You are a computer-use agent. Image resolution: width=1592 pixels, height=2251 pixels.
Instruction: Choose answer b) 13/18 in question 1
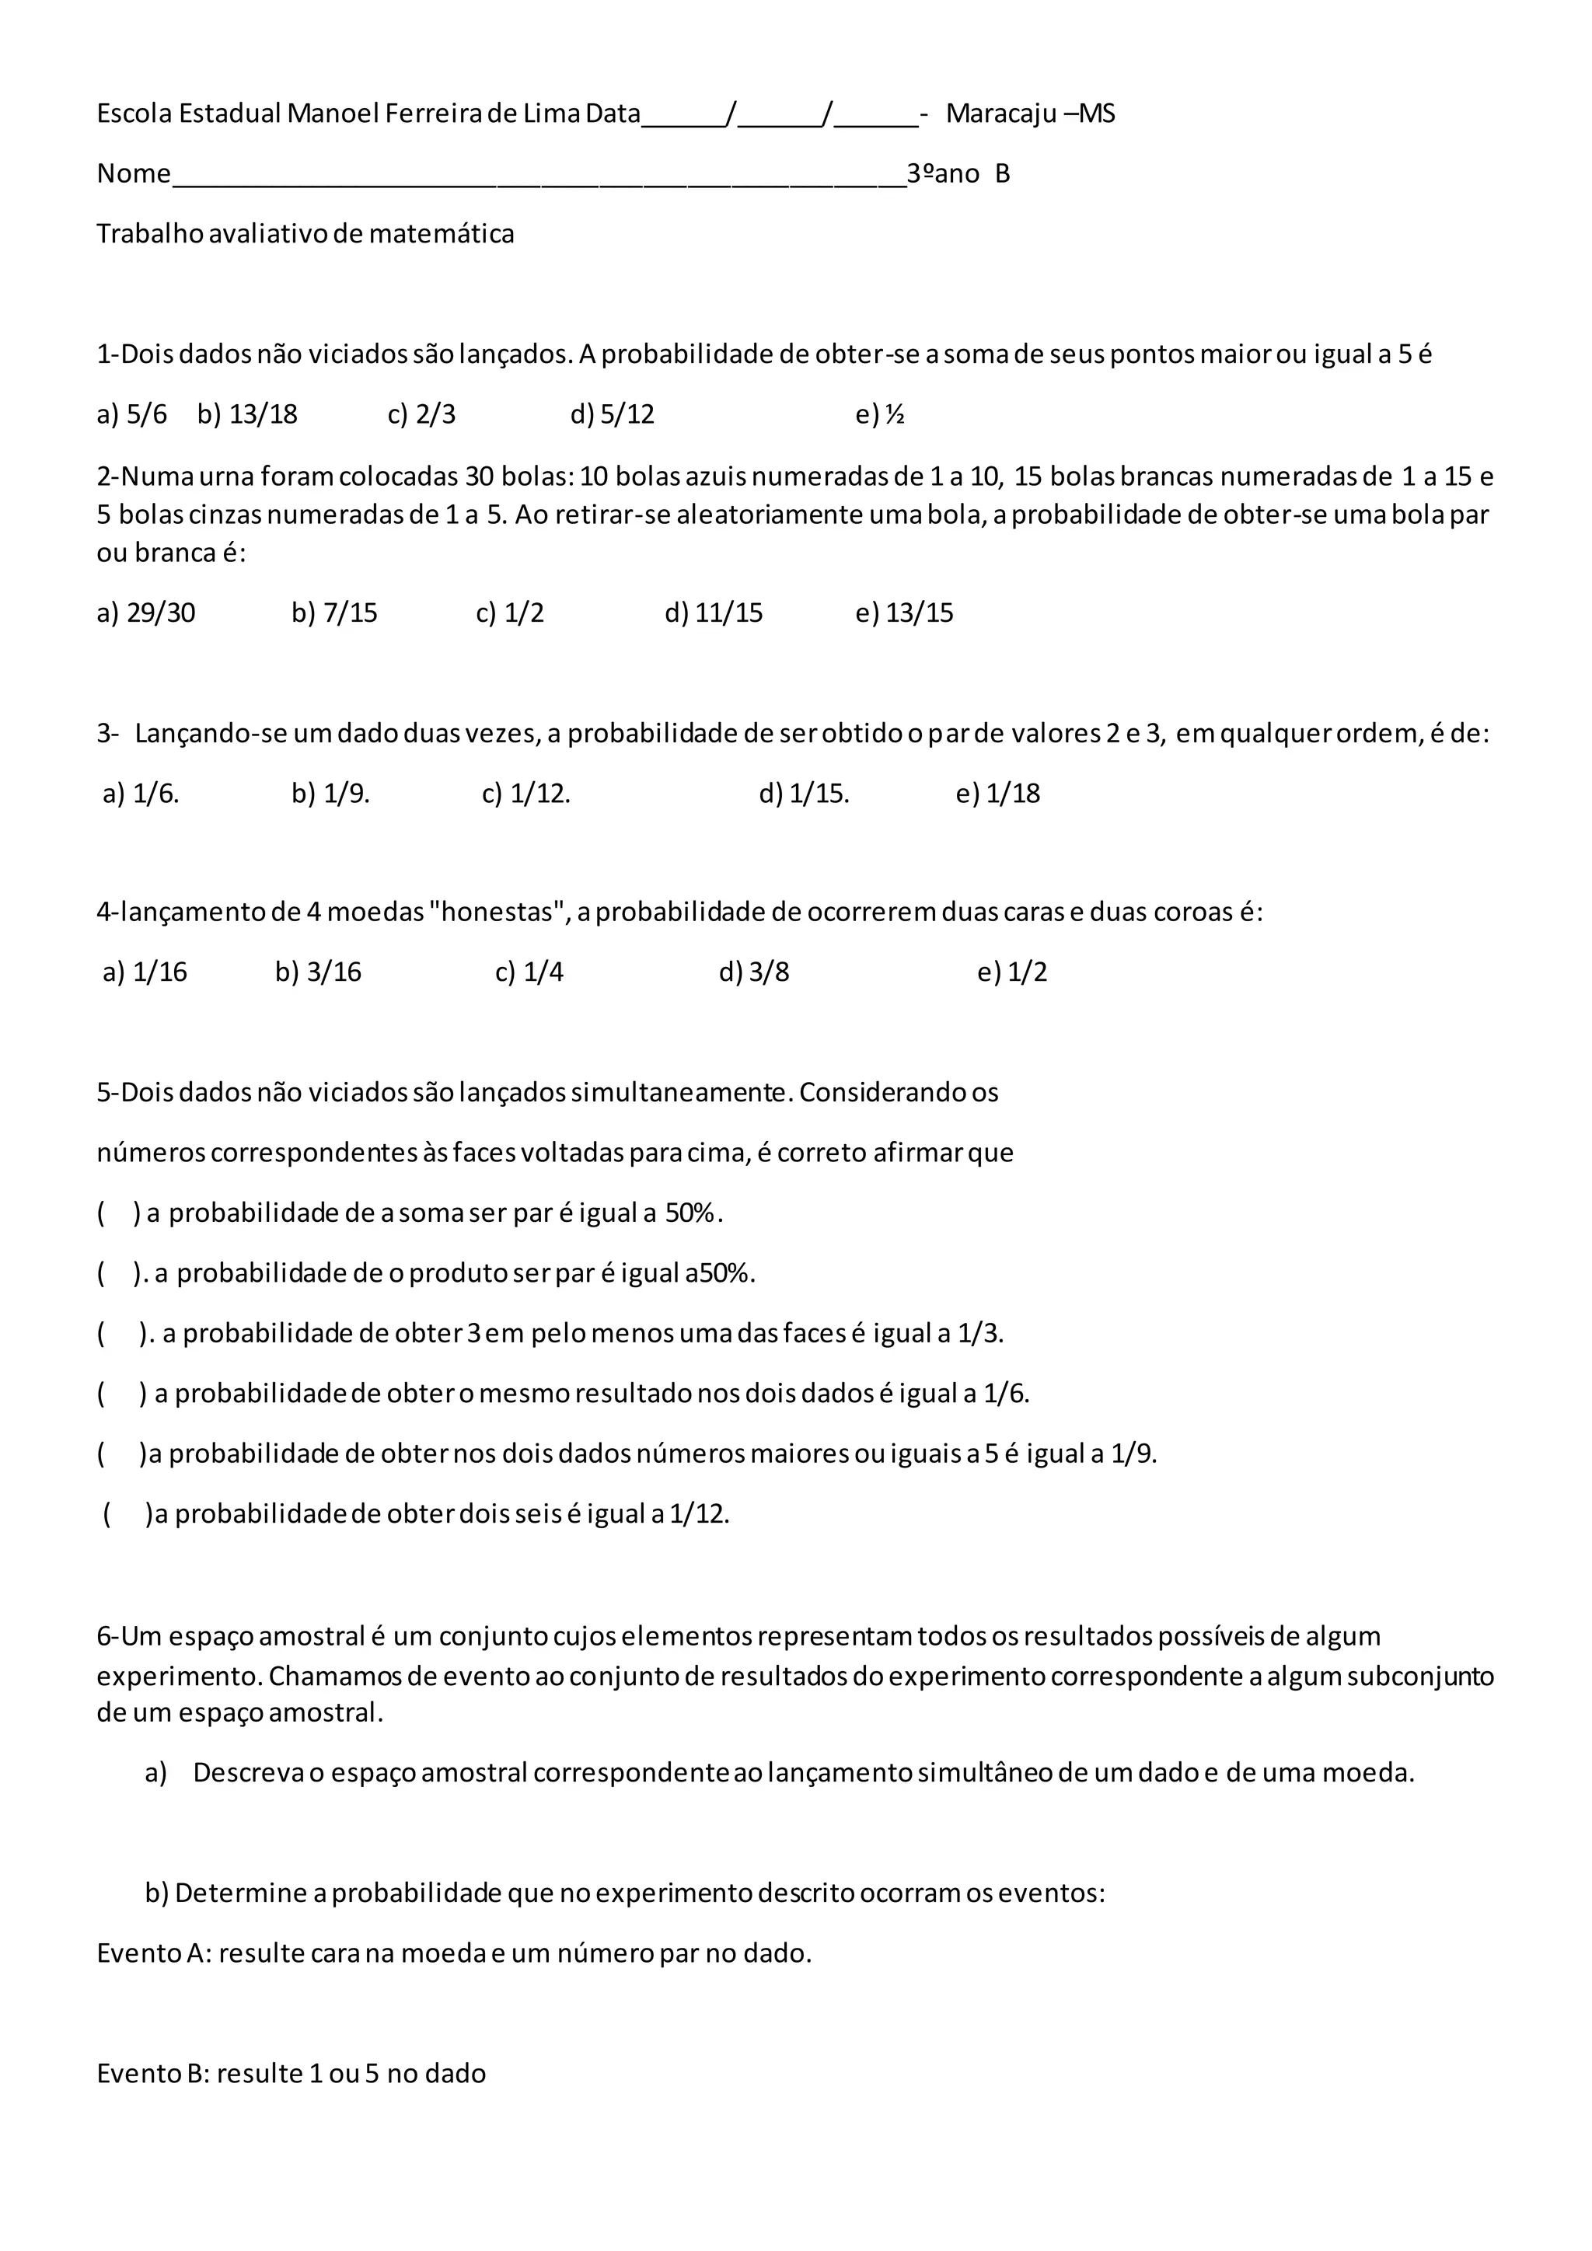coord(247,415)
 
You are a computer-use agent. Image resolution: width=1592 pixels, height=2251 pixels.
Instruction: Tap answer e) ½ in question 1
coord(879,415)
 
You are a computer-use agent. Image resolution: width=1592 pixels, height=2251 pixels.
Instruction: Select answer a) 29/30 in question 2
coord(146,614)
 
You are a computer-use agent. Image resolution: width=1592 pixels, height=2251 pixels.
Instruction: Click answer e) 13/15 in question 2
coord(904,614)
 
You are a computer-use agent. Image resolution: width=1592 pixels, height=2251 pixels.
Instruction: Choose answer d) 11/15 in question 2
coord(713,614)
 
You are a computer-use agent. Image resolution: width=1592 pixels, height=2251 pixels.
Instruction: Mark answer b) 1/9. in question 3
coord(330,794)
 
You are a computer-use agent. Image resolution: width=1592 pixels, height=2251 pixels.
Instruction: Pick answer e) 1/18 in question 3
coord(997,794)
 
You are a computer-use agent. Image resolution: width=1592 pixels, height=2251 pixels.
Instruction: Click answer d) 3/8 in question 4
coord(753,972)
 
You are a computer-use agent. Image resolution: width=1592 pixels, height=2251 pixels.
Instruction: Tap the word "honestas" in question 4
coord(499,913)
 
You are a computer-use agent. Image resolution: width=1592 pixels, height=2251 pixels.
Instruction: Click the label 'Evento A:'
coord(154,1953)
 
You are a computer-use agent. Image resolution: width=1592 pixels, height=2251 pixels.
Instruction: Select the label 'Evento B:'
coord(153,2074)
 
